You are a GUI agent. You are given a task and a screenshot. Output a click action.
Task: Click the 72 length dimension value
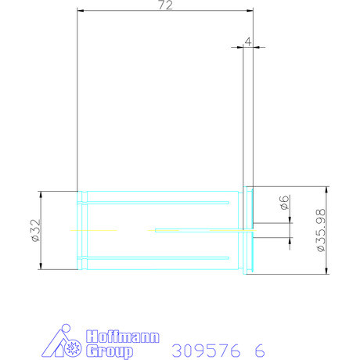pos(165,5)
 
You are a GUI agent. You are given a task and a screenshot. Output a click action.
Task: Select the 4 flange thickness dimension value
pos(247,41)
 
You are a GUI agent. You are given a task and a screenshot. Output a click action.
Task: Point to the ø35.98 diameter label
pos(319,230)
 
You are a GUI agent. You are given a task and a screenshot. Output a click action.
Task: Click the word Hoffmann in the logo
pos(121,337)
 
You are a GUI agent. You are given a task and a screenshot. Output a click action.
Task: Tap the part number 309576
pos(206,349)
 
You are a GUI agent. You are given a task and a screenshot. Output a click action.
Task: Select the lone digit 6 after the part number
pos(257,349)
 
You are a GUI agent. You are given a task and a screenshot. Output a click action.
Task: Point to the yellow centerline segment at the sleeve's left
pos(92,230)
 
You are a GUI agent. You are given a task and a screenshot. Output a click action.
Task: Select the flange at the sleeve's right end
pos(250,230)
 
